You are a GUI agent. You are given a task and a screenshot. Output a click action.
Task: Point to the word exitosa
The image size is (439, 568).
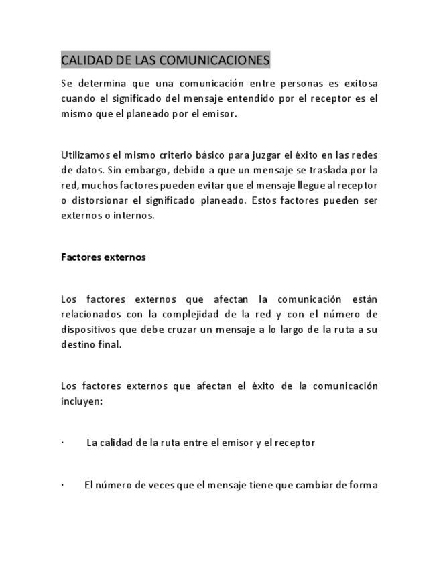click(x=358, y=84)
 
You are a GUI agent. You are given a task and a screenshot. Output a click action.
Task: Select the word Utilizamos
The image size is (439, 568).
click(x=83, y=155)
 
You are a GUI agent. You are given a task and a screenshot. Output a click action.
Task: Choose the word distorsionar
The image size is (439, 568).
click(x=101, y=200)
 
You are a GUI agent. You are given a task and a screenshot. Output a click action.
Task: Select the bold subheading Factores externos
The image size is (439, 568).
click(x=103, y=257)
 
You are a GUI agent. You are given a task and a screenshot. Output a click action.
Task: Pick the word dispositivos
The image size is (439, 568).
click(x=90, y=329)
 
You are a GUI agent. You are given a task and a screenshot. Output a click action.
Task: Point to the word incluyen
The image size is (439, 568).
click(x=81, y=401)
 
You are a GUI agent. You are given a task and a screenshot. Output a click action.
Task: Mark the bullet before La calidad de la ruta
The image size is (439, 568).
click(x=62, y=443)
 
